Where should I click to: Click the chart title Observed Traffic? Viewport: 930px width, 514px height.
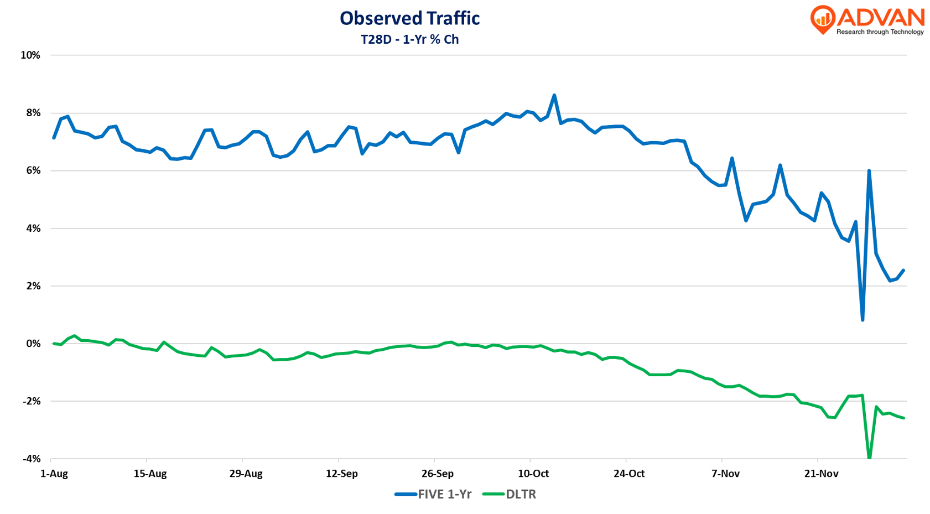pyautogui.click(x=409, y=18)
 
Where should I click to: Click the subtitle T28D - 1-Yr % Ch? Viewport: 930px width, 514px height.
pyautogui.click(x=409, y=39)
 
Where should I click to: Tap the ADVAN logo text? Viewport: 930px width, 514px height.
pyautogui.click(x=880, y=17)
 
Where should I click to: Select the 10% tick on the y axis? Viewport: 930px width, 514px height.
pyautogui.click(x=30, y=55)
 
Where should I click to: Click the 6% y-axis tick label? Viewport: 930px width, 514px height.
pyautogui.click(x=33, y=170)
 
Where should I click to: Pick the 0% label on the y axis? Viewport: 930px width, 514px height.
pyautogui.click(x=33, y=344)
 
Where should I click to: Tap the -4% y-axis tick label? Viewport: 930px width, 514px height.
pyautogui.click(x=32, y=459)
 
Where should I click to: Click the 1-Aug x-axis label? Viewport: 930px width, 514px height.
pyautogui.click(x=54, y=474)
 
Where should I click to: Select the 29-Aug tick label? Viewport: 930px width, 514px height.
pyautogui.click(x=246, y=474)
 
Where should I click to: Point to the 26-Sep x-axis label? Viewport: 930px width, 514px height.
pyautogui.click(x=438, y=474)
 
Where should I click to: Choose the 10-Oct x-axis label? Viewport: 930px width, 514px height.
pyautogui.click(x=533, y=474)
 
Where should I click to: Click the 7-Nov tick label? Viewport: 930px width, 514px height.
pyautogui.click(x=725, y=474)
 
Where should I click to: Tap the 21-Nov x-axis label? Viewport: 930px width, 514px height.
pyautogui.click(x=822, y=474)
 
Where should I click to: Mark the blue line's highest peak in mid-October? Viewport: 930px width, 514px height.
pyautogui.click(x=554, y=96)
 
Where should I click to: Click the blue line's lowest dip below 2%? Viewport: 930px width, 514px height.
pyautogui.click(x=863, y=319)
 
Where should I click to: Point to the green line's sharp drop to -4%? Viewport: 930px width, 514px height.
pyautogui.click(x=869, y=457)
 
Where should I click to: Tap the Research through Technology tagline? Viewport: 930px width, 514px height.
pyautogui.click(x=880, y=32)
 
